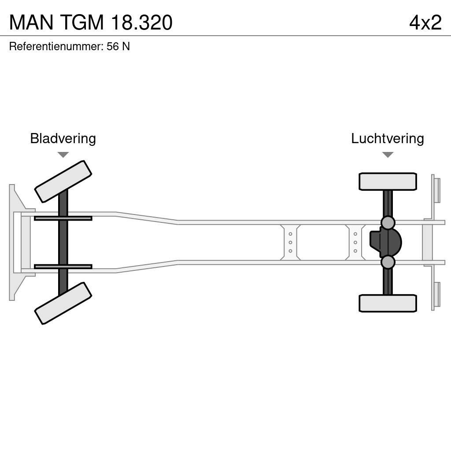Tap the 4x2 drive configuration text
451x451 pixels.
click(x=425, y=22)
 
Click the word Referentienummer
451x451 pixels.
click(x=55, y=47)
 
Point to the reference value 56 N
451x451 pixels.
click(x=118, y=47)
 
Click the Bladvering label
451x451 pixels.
click(x=63, y=138)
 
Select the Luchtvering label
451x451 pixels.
click(x=387, y=138)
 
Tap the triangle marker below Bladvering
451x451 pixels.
click(x=63, y=155)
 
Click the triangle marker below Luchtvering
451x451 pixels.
click(x=388, y=155)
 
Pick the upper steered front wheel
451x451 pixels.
click(x=63, y=181)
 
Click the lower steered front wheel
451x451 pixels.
click(x=63, y=303)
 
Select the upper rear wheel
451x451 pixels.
click(x=388, y=181)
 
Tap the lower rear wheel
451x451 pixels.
click(x=388, y=303)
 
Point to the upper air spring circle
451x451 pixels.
click(x=388, y=223)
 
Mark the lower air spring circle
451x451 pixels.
click(x=388, y=262)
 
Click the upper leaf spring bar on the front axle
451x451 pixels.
click(x=63, y=218)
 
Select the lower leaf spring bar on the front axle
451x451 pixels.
click(x=63, y=266)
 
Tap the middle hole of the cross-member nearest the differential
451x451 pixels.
click(x=355, y=243)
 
